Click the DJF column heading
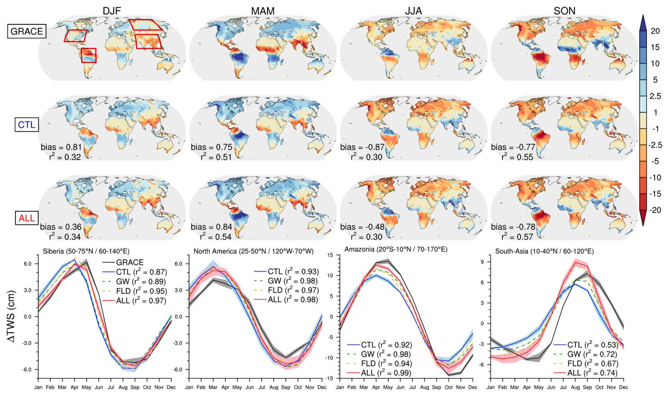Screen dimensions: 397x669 point(112,11)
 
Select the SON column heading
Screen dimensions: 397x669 point(564,11)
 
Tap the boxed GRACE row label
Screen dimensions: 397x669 point(27,31)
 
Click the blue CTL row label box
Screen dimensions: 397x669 point(27,125)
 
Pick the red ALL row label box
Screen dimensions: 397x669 point(27,218)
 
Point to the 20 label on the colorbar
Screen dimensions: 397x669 point(655,31)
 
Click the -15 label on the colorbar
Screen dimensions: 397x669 point(655,194)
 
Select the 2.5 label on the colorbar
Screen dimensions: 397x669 point(655,96)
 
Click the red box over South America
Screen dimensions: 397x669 point(88,56)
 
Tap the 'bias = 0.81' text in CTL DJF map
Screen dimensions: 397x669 point(61,147)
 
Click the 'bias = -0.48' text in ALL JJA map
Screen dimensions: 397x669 point(362,227)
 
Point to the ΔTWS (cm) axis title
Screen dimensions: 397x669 point(11,316)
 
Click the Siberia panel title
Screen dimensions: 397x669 point(86,251)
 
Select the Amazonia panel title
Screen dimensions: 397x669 point(396,249)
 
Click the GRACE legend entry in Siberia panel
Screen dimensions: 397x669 point(129,263)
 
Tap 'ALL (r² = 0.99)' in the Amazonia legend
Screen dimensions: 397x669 point(386,373)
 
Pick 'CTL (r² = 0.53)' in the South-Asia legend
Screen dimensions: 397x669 point(592,345)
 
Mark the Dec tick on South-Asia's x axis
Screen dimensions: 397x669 point(623,387)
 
